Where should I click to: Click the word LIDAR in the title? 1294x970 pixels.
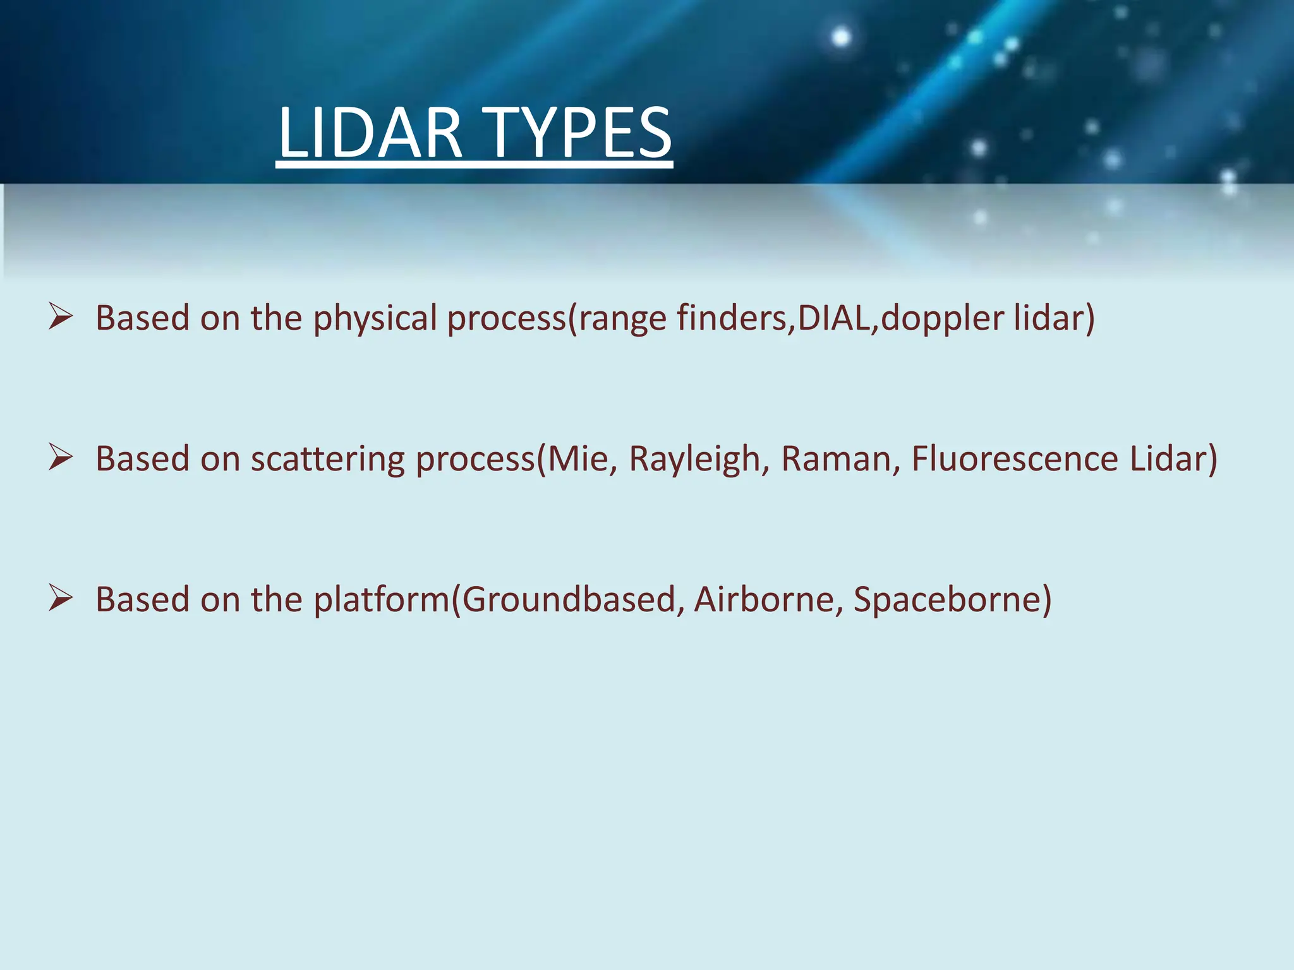pos(370,133)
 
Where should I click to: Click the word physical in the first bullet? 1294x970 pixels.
pos(375,318)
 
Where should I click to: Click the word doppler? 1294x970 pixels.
pos(942,318)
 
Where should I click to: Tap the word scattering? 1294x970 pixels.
pos(327,459)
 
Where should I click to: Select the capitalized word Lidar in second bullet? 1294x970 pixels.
pos(1168,459)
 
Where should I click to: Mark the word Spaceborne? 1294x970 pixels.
pos(948,600)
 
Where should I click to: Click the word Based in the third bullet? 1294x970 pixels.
pos(142,600)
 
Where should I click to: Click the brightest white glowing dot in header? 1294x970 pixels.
pos(841,37)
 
